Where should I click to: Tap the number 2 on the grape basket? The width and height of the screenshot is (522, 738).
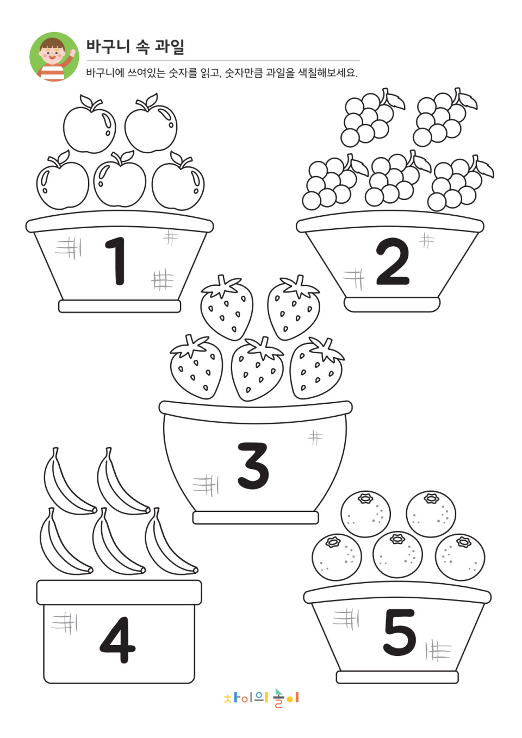(393, 261)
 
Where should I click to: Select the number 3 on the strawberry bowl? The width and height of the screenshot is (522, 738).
(253, 466)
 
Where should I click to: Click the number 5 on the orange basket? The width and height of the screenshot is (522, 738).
(399, 633)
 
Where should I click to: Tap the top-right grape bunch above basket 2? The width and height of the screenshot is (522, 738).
(444, 117)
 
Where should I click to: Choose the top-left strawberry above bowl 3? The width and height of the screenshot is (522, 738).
(227, 308)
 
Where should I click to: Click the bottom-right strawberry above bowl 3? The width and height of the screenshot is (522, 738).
(316, 368)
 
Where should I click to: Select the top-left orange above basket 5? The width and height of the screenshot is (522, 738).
(365, 514)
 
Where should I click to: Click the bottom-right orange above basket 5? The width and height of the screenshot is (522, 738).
(459, 557)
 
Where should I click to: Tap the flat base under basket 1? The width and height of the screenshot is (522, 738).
(120, 306)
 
